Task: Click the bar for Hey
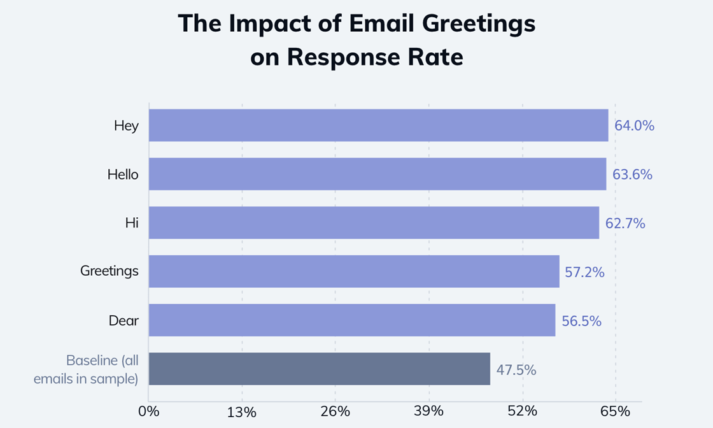coord(378,125)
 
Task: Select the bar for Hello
coord(377,174)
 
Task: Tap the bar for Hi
coord(374,223)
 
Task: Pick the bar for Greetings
coord(354,271)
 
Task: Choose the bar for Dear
coord(351,320)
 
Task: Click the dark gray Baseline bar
coord(319,369)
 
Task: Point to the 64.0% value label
coord(634,125)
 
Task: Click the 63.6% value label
coord(632,175)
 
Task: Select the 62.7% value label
coord(625,224)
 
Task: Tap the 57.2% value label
coord(585,272)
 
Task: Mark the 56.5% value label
coord(581,321)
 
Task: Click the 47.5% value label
coord(516,369)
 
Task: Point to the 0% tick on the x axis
coord(148,411)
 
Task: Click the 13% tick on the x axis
coord(242,411)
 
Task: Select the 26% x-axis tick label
coord(335,411)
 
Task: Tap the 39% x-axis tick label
coord(428,411)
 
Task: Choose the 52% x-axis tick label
coord(522,411)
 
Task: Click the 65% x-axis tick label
coord(615,411)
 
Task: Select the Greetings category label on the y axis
coord(109,271)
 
